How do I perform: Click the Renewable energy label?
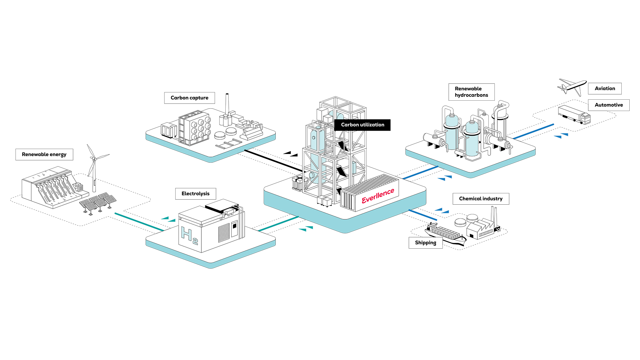click(x=44, y=154)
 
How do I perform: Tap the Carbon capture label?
click(x=189, y=98)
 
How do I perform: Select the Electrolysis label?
click(x=195, y=194)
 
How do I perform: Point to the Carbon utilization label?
click(x=362, y=125)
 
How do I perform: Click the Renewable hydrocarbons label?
click(x=471, y=92)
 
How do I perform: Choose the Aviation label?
click(x=605, y=88)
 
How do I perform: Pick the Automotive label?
click(x=608, y=105)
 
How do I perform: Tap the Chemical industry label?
click(x=480, y=199)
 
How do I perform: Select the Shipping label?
click(x=425, y=243)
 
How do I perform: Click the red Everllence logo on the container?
click(x=378, y=196)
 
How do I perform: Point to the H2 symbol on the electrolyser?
click(x=189, y=235)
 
